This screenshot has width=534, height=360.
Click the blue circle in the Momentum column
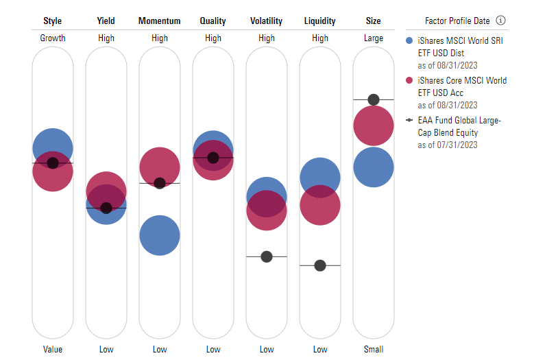pos(160,235)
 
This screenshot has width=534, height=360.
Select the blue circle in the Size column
pos(374,167)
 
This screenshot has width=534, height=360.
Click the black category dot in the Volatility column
pos(267,256)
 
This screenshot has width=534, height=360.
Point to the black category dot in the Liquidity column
pos(320,265)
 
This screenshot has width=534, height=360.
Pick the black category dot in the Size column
pos(374,99)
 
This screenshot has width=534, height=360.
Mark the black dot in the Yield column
pos(106,208)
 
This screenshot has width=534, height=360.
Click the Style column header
pos(53,21)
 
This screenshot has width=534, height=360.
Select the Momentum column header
pos(159,21)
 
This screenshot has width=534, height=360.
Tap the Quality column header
pos(213,21)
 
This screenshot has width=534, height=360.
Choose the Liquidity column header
pos(320,21)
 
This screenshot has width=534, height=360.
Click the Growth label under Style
pos(53,38)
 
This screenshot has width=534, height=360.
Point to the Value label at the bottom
pos(53,350)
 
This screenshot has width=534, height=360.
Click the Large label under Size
pos(374,38)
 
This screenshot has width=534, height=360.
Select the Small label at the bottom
pos(374,350)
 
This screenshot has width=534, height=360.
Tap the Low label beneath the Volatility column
pos(267,350)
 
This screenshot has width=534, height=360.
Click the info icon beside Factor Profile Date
pos(501,21)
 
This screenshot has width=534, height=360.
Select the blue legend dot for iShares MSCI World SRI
pos(410,41)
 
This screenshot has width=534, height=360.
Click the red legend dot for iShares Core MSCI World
pos(410,81)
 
